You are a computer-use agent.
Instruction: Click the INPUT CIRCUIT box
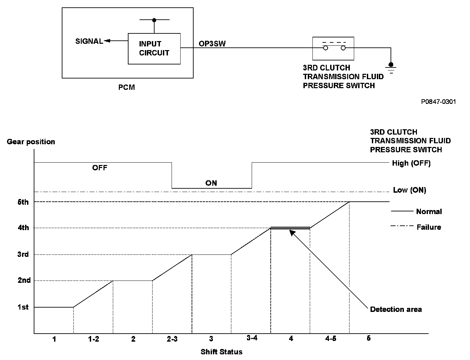pos(154,48)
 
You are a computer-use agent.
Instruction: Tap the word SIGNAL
pos(89,41)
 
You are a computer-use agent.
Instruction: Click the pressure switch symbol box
pos(333,48)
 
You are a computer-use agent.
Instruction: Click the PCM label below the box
pos(127,87)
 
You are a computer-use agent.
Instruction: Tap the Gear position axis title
pos(31,142)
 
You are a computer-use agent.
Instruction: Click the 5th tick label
pos(23,202)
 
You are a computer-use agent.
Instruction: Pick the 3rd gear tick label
pos(23,255)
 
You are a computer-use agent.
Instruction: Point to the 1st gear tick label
pos(23,307)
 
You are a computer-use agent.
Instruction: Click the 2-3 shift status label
pos(172,339)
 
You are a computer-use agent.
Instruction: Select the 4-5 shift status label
pos(330,339)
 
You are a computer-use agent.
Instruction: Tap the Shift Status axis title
pos(222,352)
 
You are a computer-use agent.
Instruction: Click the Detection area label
pos(396,310)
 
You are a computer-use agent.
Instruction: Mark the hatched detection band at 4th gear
pos(290,228)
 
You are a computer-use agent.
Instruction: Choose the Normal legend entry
pos(429,212)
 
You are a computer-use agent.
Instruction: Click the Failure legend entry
pos(429,227)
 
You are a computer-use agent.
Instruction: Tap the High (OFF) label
pos(411,163)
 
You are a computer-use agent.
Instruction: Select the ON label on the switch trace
pos(211,183)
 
